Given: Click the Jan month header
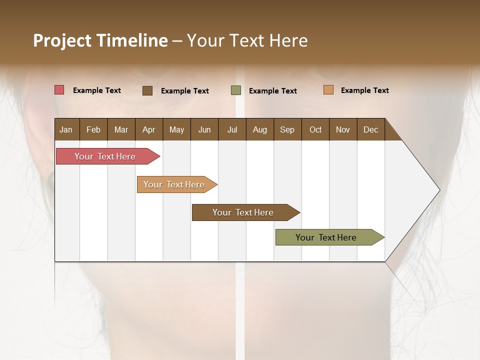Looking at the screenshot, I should pyautogui.click(x=66, y=129).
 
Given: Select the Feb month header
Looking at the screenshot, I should pyautogui.click(x=93, y=129).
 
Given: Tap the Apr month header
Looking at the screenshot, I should pyautogui.click(x=148, y=129).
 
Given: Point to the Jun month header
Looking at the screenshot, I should pyautogui.click(x=204, y=129).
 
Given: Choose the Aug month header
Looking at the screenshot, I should pyautogui.click(x=259, y=129).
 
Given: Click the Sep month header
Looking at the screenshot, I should pyautogui.click(x=287, y=129).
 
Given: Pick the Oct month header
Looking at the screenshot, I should pyautogui.click(x=315, y=129).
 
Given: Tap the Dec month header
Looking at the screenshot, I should pyautogui.click(x=370, y=129).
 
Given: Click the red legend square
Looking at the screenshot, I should pyautogui.click(x=59, y=90).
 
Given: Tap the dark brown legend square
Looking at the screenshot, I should pyautogui.click(x=147, y=90).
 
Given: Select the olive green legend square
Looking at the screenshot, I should pyautogui.click(x=236, y=90).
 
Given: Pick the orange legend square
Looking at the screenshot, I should pyautogui.click(x=328, y=90).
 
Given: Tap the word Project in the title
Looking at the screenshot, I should pyautogui.click(x=62, y=40).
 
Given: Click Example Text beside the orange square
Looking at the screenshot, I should pyautogui.click(x=364, y=90).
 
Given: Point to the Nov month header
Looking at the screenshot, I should pyautogui.click(x=342, y=129).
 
